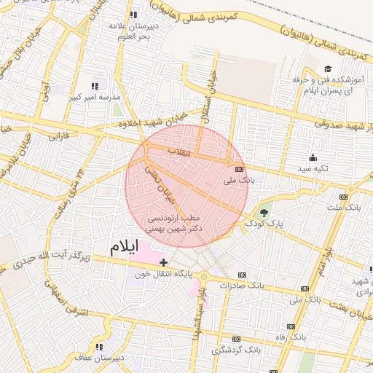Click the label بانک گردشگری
click(235, 350)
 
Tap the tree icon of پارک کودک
click(264, 213)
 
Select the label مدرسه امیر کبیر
click(95, 96)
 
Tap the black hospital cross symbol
click(163, 262)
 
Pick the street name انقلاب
click(178, 152)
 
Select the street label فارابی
click(58, 136)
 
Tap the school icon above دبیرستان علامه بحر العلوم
click(133, 15)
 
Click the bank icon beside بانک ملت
click(343, 197)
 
